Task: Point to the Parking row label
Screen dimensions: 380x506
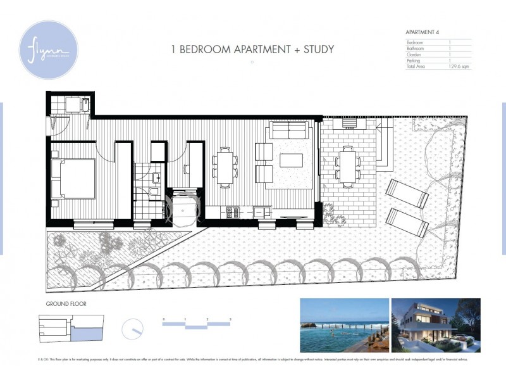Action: point(414,60)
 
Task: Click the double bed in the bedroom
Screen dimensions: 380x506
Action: point(73,178)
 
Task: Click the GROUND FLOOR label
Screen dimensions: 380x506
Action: point(66,304)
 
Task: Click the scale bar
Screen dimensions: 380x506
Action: point(196,324)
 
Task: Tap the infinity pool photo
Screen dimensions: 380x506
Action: point(344,326)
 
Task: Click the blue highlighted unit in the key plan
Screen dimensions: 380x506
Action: point(85,332)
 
